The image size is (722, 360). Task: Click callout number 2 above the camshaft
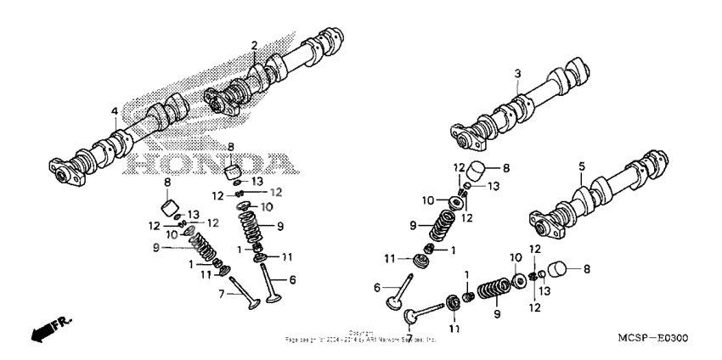[253, 44]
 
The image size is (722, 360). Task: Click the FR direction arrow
[47, 331]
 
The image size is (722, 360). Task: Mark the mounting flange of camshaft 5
[540, 223]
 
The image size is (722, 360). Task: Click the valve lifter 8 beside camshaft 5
[557, 270]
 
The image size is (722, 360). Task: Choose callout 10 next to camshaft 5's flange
[515, 257]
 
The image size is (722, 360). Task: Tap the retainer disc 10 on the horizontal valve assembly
[516, 281]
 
